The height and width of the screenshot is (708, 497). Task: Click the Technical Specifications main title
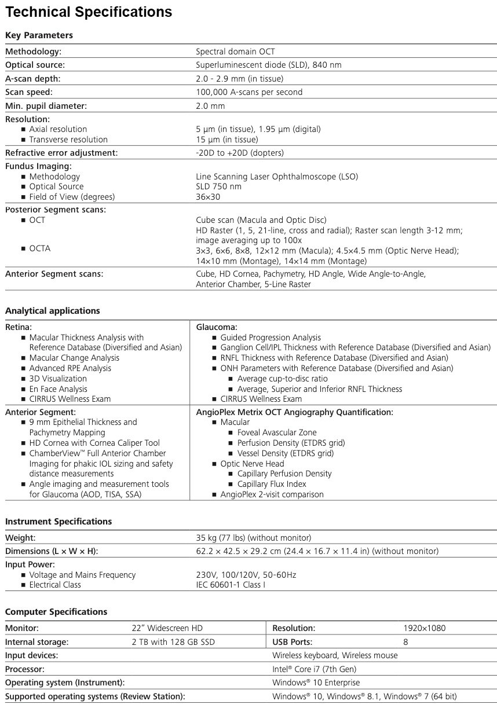point(89,12)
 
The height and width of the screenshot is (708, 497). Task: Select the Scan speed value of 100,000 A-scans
point(249,92)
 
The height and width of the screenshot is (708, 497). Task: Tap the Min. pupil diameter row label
point(46,106)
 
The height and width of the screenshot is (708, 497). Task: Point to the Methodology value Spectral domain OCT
point(235,52)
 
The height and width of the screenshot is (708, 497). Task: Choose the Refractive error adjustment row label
point(61,153)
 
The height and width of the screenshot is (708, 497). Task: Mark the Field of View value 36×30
point(208,197)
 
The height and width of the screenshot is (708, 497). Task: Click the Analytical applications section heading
point(53,311)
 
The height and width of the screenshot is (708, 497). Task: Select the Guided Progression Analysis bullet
point(270,338)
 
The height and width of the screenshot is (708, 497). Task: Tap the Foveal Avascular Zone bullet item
point(277,432)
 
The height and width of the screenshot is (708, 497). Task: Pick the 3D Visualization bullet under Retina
point(58,379)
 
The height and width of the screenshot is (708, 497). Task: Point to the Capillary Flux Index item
point(271,484)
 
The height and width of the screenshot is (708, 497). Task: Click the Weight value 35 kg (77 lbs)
point(253,538)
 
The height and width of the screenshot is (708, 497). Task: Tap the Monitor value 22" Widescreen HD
point(167,628)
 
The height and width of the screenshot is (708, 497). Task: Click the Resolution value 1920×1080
point(424,628)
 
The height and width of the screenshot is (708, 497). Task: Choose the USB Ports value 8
point(405,642)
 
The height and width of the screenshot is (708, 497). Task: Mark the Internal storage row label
point(36,642)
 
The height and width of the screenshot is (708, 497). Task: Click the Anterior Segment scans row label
point(54,274)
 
